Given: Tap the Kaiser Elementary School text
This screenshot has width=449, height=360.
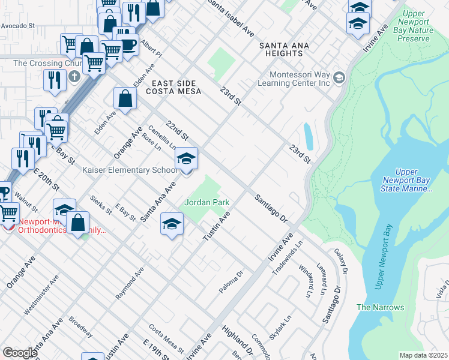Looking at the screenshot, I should [129, 170].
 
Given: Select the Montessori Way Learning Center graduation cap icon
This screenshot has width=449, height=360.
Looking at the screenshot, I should [339, 77].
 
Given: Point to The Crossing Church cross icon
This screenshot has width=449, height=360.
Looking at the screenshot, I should [74, 76].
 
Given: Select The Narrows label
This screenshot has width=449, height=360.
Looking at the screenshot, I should [380, 307].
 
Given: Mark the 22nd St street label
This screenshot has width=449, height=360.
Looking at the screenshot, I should [178, 128].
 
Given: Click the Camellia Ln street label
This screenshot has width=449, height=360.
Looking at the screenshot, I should [162, 137].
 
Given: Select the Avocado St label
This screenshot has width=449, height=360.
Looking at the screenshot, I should [18, 26].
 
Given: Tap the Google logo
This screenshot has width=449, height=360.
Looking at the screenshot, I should [20, 352].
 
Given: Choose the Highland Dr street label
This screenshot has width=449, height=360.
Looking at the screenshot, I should [237, 340].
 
